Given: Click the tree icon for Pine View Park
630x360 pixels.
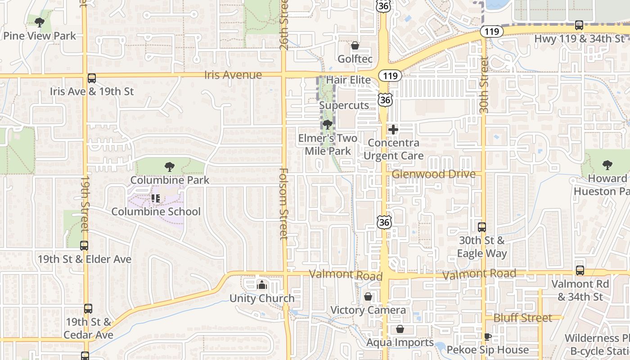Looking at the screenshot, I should pos(40,22).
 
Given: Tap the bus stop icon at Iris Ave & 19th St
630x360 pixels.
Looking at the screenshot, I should pos(92,78).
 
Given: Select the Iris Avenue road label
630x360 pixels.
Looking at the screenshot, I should pos(233,75).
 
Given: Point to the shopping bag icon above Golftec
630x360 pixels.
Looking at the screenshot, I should pos(355,46).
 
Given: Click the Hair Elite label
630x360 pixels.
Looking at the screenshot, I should pos(348,80).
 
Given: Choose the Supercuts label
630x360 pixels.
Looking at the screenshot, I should pos(344,105).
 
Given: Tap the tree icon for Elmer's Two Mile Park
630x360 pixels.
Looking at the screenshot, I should pos(328,125).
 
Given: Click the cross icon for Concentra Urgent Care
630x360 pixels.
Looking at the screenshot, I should pos(393,130).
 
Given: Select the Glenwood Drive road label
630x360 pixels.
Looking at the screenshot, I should pos(433,174).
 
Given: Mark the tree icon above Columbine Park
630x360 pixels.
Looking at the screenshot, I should pos(170,167).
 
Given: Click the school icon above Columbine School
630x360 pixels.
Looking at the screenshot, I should pos(156,198).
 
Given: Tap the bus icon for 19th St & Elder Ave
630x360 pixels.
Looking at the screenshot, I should pos(84,246).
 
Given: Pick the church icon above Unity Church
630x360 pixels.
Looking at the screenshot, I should pos(261,284).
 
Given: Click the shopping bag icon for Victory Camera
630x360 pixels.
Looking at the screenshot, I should pos(368,297).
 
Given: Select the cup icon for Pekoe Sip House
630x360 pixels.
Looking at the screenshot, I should pos(487,337).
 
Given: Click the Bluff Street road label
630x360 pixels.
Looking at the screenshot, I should pos(522,318).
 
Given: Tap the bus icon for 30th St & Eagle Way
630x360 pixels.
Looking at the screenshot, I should pos(482,227).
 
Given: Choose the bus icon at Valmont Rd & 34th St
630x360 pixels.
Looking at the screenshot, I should pos(580,270).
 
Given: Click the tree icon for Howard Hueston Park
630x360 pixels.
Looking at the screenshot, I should pos(607,165).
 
